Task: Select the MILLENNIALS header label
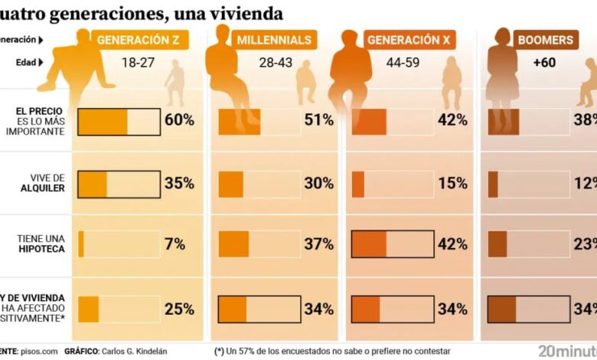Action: point(273,40)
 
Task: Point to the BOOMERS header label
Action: point(544,40)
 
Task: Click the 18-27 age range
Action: point(138,63)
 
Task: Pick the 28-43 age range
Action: point(273,63)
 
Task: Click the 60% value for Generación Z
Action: point(179,120)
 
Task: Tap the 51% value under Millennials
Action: point(318,120)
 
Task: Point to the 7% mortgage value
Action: point(175,244)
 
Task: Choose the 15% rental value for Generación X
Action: point(453,183)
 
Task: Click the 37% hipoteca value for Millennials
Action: point(318,244)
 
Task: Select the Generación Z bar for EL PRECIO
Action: point(119,122)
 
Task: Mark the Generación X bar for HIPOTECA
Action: point(393,244)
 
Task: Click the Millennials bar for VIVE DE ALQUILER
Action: point(259,184)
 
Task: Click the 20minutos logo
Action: point(567,351)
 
